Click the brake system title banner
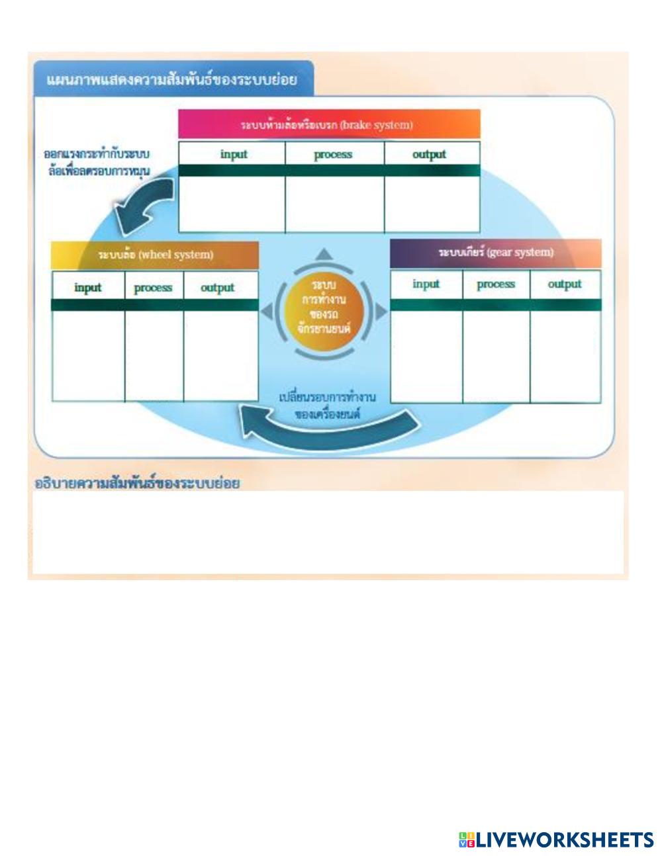[x=328, y=124]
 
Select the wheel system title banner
[x=155, y=255]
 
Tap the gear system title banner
[x=495, y=253]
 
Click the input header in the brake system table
[x=233, y=154]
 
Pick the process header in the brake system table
[x=333, y=154]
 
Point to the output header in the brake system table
[x=429, y=154]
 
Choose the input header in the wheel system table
[x=88, y=287]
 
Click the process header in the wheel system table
[x=153, y=287]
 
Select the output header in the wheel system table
[x=218, y=287]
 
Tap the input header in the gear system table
[x=426, y=284]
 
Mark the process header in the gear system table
[x=495, y=284]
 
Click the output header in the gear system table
[x=564, y=284]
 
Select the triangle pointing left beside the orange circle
[x=266, y=311]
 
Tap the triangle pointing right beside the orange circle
[x=381, y=311]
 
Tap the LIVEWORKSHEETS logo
[x=556, y=839]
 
